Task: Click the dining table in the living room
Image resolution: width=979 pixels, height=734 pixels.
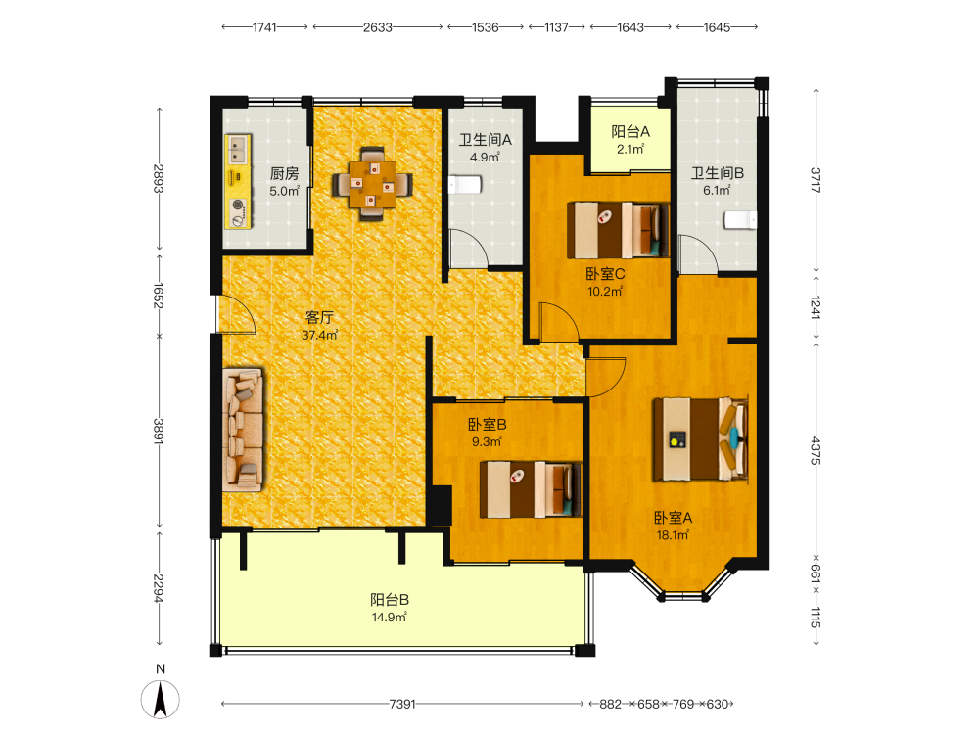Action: tap(373, 184)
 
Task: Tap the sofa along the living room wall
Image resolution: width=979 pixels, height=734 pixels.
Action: tap(243, 430)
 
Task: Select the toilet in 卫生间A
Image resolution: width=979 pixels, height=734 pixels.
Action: tap(464, 185)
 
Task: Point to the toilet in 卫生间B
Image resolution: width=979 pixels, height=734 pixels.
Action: tap(740, 220)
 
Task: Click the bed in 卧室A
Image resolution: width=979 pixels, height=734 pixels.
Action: tap(701, 438)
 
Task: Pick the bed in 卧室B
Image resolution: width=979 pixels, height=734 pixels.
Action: tap(530, 489)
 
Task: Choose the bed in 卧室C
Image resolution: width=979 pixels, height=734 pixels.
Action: tap(618, 230)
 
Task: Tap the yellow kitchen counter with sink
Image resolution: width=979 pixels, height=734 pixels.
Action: tap(238, 181)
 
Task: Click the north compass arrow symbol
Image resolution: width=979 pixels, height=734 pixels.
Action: tap(161, 700)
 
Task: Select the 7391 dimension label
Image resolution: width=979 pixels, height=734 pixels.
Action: tap(402, 704)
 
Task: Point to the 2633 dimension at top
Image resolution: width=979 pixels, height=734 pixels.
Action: tap(378, 27)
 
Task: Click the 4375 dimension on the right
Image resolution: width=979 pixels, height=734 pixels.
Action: tap(816, 450)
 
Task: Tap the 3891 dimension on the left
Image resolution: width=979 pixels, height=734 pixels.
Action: tap(159, 432)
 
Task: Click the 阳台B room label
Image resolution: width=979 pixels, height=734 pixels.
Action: tap(390, 600)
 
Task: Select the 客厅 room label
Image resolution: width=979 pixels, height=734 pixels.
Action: tap(319, 317)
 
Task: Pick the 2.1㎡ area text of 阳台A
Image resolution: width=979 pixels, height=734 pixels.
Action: tap(629, 149)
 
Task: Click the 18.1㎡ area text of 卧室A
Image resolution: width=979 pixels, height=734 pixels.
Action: tap(673, 535)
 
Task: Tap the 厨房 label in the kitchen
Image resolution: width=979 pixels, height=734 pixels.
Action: tap(284, 173)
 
